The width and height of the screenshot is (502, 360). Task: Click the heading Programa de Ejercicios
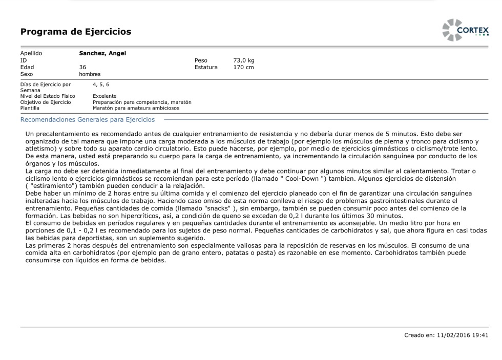coord(76,32)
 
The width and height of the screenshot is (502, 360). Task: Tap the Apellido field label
coord(31,53)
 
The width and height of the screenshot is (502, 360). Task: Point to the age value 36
coord(82,67)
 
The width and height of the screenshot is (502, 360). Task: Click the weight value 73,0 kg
coord(244,60)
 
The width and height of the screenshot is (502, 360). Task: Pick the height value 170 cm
coord(243,67)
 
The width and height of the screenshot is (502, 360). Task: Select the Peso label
coord(201,60)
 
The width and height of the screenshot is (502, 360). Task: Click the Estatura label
coord(206,67)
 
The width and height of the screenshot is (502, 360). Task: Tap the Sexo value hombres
coord(90,74)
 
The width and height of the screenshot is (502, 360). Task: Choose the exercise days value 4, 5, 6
coord(101,84)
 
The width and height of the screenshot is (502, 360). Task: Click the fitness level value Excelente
coord(104,96)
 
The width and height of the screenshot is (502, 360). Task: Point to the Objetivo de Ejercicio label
coord(46,102)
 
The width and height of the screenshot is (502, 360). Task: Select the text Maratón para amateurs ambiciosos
coord(136,108)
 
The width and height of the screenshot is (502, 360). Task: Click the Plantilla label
coord(30,108)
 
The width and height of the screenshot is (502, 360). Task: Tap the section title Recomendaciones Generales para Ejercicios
coord(87,120)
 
